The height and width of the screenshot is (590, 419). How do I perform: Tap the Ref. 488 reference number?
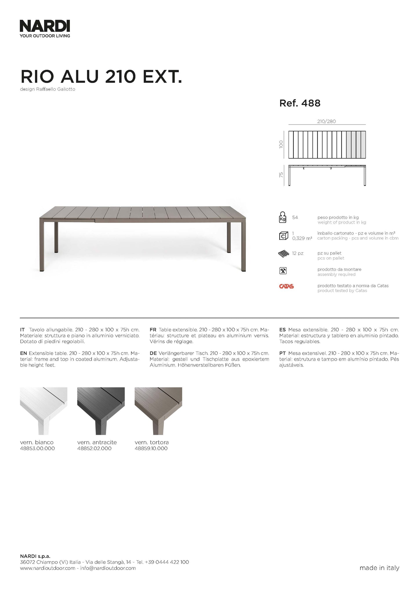pyautogui.click(x=300, y=103)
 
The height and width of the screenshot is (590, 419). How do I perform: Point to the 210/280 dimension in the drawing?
pyautogui.click(x=326, y=121)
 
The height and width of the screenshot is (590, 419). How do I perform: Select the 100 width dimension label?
pyautogui.click(x=281, y=144)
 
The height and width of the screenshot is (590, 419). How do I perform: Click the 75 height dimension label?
pyautogui.click(x=281, y=175)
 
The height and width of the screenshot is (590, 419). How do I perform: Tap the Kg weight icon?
pyautogui.click(x=282, y=218)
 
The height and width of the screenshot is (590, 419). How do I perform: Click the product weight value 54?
pyautogui.click(x=295, y=218)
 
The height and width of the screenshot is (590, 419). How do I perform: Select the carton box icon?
pyautogui.click(x=283, y=236)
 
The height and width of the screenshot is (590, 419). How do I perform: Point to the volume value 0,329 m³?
pyautogui.click(x=302, y=238)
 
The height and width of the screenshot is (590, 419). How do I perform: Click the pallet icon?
pyautogui.click(x=284, y=254)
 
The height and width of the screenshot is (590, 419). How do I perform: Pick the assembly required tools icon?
pyautogui.click(x=283, y=271)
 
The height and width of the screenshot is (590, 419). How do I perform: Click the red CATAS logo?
pyautogui.click(x=286, y=286)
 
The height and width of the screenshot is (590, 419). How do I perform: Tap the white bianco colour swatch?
pyautogui.click(x=43, y=411)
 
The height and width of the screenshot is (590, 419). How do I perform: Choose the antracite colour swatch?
pyautogui.click(x=101, y=411)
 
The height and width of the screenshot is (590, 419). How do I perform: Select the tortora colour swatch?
pyautogui.click(x=158, y=411)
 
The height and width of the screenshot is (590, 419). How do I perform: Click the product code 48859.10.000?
pyautogui.click(x=151, y=448)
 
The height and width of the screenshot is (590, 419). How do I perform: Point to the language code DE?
pyautogui.click(x=153, y=353)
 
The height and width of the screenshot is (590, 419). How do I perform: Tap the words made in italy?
pyautogui.click(x=379, y=568)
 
